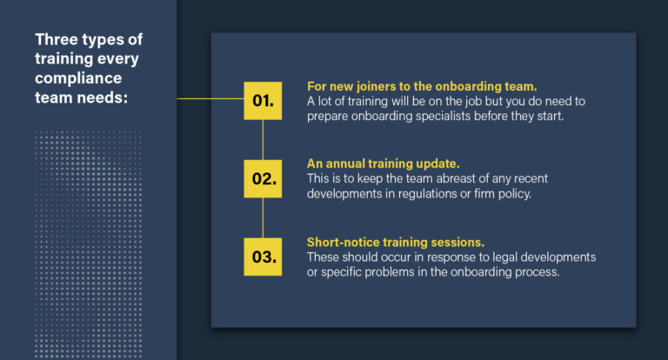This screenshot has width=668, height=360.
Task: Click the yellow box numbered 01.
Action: pyautogui.click(x=263, y=100)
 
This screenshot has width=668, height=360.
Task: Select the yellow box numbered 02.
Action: pyautogui.click(x=263, y=179)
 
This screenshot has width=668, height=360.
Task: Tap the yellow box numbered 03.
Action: pyautogui.click(x=263, y=257)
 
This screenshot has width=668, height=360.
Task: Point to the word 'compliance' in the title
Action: pyautogui.click(x=79, y=78)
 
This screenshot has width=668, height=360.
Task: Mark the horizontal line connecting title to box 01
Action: pyautogui.click(x=209, y=99)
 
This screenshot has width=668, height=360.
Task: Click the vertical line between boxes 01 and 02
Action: pyautogui.click(x=263, y=139)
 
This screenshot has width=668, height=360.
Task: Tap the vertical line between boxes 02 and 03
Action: pyautogui.click(x=263, y=217)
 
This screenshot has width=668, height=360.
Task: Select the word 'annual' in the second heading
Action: pyautogui.click(x=346, y=163)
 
